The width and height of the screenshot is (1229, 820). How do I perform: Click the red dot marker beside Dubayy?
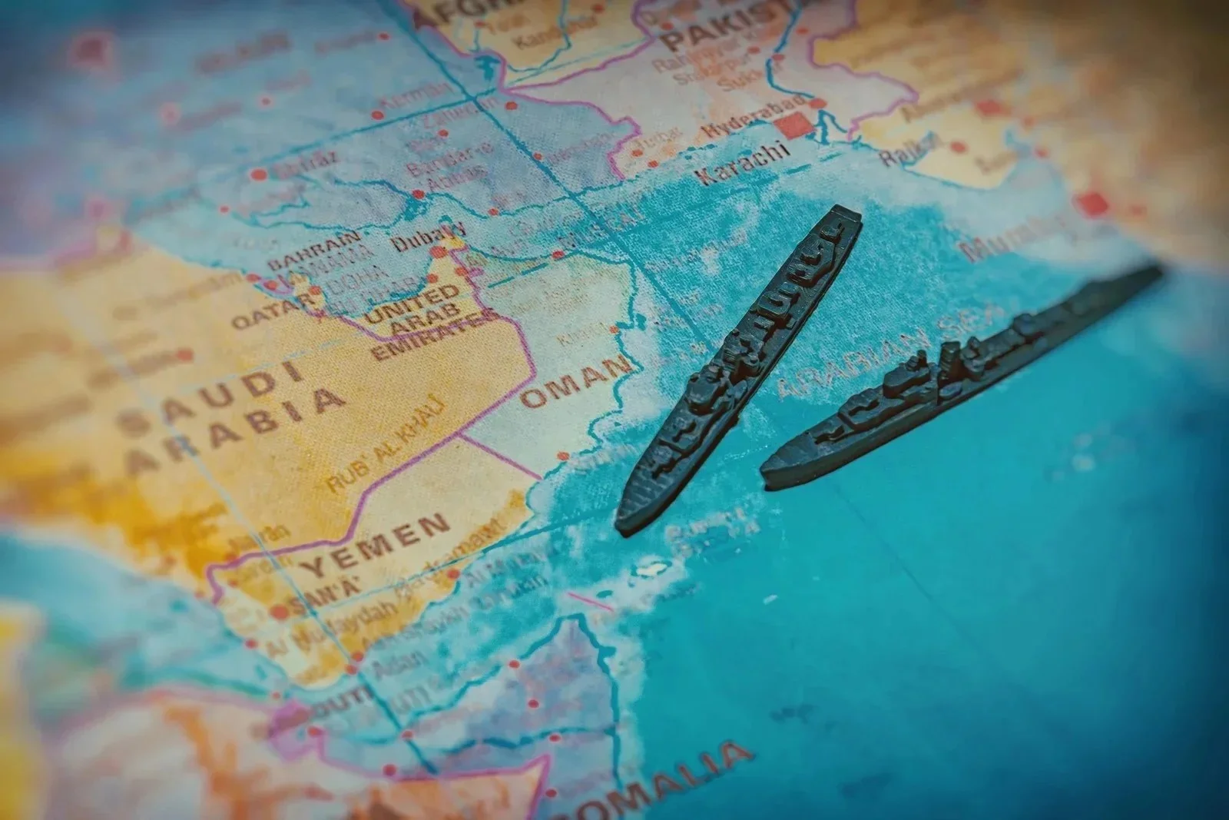click(x=438, y=252)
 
